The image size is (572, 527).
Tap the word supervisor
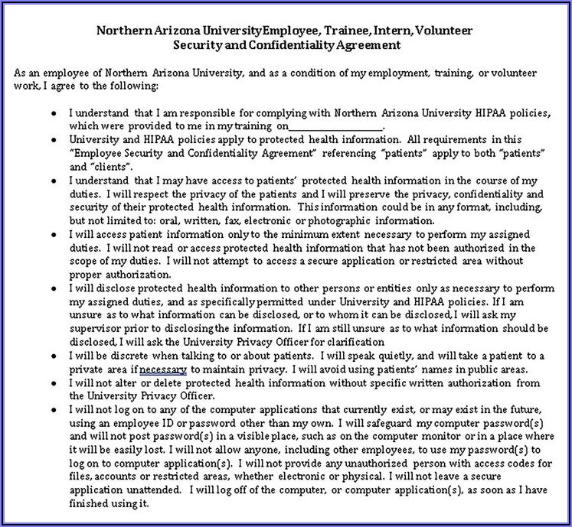point(93,328)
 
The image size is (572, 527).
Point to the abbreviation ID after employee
point(158,424)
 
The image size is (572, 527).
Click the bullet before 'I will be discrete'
point(53,356)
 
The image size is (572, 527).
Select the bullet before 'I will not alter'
point(53,382)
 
